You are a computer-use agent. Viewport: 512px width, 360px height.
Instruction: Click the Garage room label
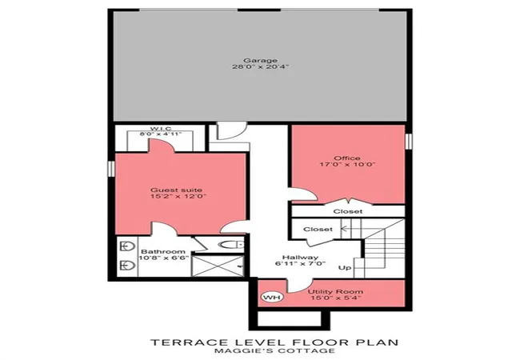[260, 61]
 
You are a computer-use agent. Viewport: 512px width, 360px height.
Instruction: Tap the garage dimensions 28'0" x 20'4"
[261, 67]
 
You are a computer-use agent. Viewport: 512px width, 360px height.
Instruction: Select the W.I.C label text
[161, 128]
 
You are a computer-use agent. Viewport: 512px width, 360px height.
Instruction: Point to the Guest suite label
[176, 190]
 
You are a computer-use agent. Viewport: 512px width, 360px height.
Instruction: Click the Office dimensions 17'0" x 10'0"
[347, 164]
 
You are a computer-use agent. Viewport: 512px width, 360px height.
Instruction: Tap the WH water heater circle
[272, 298]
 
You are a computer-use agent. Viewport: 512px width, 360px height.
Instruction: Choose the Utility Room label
[335, 291]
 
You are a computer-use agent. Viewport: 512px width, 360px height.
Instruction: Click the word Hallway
[300, 258]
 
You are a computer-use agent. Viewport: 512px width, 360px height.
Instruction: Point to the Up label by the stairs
[345, 267]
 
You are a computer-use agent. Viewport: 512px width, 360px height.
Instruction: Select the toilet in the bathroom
[231, 244]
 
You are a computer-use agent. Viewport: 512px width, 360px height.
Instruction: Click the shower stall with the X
[218, 266]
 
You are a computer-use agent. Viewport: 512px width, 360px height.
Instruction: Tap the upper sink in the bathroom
[127, 246]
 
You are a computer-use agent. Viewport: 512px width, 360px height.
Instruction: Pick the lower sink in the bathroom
[127, 265]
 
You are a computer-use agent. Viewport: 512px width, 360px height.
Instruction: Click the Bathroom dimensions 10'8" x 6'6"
[163, 258]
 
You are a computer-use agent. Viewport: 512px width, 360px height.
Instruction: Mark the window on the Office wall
[408, 141]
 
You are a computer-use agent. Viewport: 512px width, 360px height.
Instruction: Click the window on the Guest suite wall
[111, 169]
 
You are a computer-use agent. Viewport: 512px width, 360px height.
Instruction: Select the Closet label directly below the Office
[348, 211]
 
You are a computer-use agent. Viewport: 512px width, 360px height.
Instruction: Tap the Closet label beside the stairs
[318, 230]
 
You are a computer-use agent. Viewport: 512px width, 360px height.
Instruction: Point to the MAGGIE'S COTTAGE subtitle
[274, 351]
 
